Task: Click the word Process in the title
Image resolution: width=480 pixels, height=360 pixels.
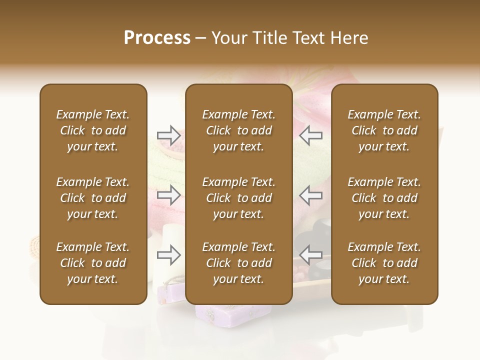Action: tap(157, 38)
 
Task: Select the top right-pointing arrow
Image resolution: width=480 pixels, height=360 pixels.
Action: tap(168, 135)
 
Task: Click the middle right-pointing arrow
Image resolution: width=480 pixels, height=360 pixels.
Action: tap(168, 195)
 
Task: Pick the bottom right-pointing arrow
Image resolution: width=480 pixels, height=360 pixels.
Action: tap(168, 255)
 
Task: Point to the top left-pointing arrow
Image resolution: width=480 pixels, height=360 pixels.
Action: tap(311, 135)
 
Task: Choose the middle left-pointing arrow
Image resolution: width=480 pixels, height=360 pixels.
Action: tap(311, 195)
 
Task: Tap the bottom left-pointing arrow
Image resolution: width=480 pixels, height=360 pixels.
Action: tap(311, 255)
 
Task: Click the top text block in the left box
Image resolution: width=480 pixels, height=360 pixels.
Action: tap(93, 130)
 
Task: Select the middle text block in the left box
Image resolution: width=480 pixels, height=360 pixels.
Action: tap(93, 198)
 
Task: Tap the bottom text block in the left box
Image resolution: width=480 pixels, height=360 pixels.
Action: tap(93, 263)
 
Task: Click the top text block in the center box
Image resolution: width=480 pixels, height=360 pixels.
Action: tap(238, 130)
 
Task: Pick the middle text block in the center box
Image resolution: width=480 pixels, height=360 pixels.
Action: tap(238, 198)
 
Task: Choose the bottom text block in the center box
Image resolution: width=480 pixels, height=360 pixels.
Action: tap(238, 263)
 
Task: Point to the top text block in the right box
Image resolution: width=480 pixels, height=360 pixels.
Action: tap(384, 130)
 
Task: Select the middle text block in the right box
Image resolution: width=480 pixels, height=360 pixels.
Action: tap(384, 198)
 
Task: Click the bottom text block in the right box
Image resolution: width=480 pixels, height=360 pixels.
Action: tap(384, 263)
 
